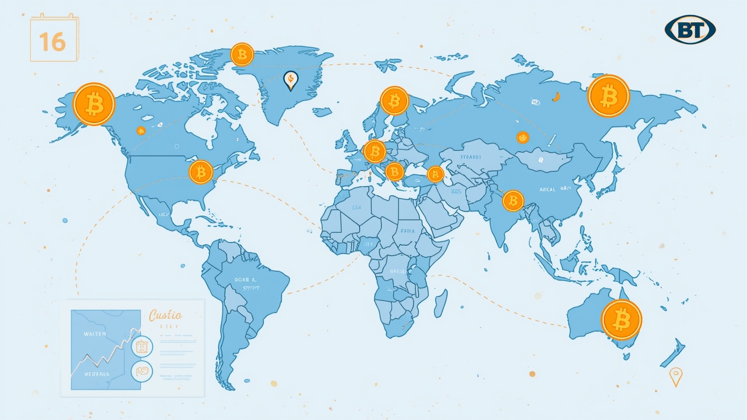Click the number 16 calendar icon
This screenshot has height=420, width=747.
54,40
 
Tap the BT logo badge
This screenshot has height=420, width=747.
690,29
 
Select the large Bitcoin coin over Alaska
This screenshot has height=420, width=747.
94,104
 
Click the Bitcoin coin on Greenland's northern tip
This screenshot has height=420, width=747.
242,54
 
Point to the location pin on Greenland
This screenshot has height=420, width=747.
290,80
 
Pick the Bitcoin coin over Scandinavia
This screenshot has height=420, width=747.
395,101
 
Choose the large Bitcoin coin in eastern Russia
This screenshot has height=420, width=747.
609,96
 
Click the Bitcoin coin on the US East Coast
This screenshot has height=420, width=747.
201,172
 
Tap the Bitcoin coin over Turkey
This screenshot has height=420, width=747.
435,174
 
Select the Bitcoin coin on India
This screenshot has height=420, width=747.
513,201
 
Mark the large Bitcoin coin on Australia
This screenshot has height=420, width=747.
622,320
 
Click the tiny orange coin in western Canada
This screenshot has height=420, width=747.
141,131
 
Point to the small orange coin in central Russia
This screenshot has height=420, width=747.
522,138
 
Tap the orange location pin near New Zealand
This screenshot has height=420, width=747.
676,376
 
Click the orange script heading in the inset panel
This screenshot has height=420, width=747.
166,316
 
